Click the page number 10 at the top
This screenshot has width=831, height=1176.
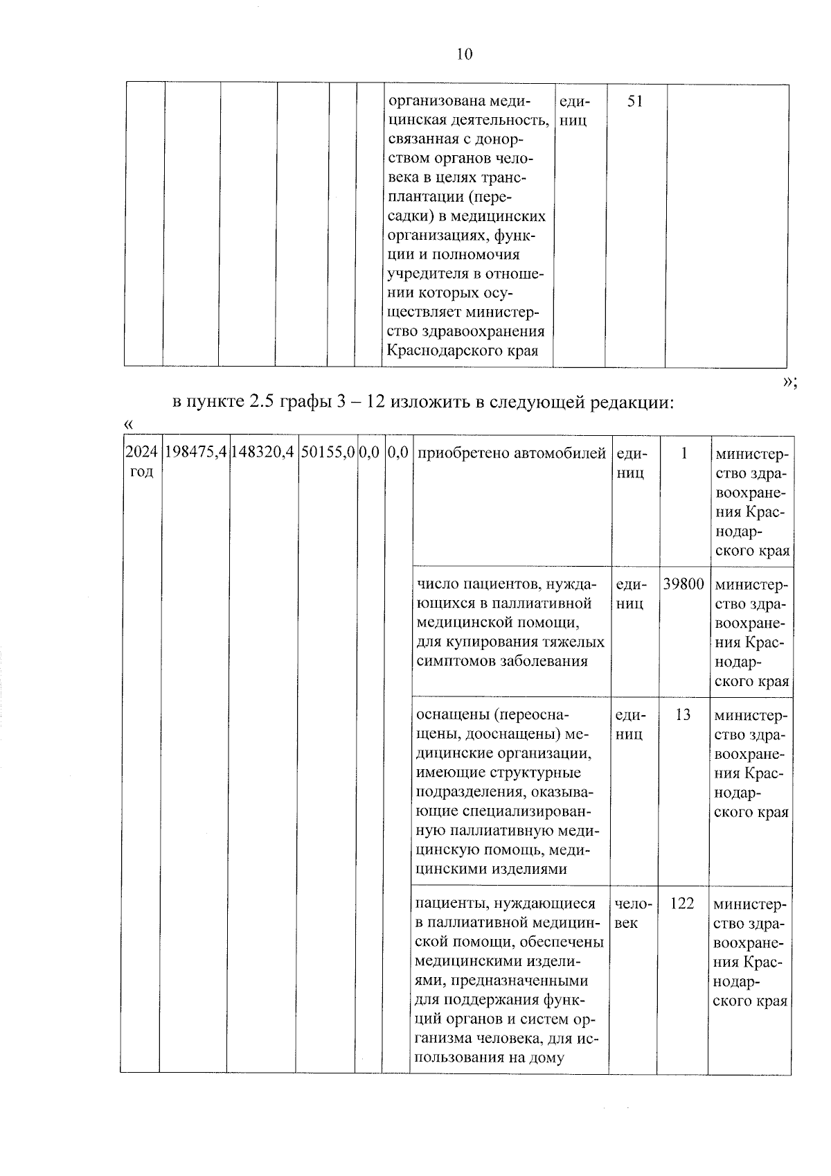click(464, 54)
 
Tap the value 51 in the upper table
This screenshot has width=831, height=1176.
click(635, 102)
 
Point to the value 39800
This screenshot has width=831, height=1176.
click(683, 583)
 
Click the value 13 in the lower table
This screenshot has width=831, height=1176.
click(683, 714)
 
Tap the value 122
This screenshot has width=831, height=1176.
click(682, 904)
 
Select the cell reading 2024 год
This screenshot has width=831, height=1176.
click(141, 462)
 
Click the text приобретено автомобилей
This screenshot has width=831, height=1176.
click(512, 453)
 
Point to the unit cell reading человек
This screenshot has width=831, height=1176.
click(632, 913)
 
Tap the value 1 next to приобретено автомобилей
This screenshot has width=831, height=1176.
click(684, 453)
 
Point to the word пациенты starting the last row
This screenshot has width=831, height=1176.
click(445, 904)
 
